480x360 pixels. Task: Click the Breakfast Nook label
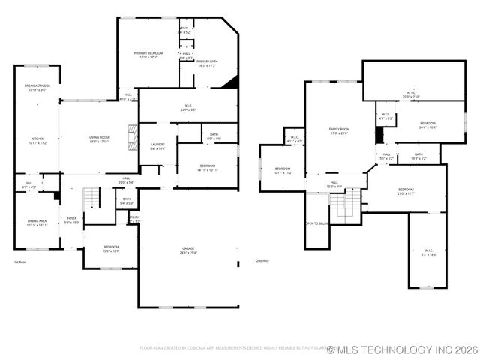point(37,88)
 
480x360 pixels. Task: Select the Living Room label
point(99,139)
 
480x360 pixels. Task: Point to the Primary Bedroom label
point(148,55)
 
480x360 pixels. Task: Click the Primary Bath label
point(207,64)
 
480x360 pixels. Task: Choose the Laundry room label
point(157,146)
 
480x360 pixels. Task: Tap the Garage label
point(188,250)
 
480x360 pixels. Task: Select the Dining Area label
point(37,223)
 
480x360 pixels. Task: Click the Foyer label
point(72,220)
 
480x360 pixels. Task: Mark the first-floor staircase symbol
point(91,199)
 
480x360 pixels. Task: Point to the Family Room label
point(340,131)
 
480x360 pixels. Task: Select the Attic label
point(411,94)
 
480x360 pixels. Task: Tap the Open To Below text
point(316,223)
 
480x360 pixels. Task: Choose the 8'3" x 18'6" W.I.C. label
point(428,253)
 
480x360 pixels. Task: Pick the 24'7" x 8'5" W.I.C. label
point(188,108)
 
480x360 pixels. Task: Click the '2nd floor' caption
point(262,261)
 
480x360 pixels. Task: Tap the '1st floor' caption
point(20,262)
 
